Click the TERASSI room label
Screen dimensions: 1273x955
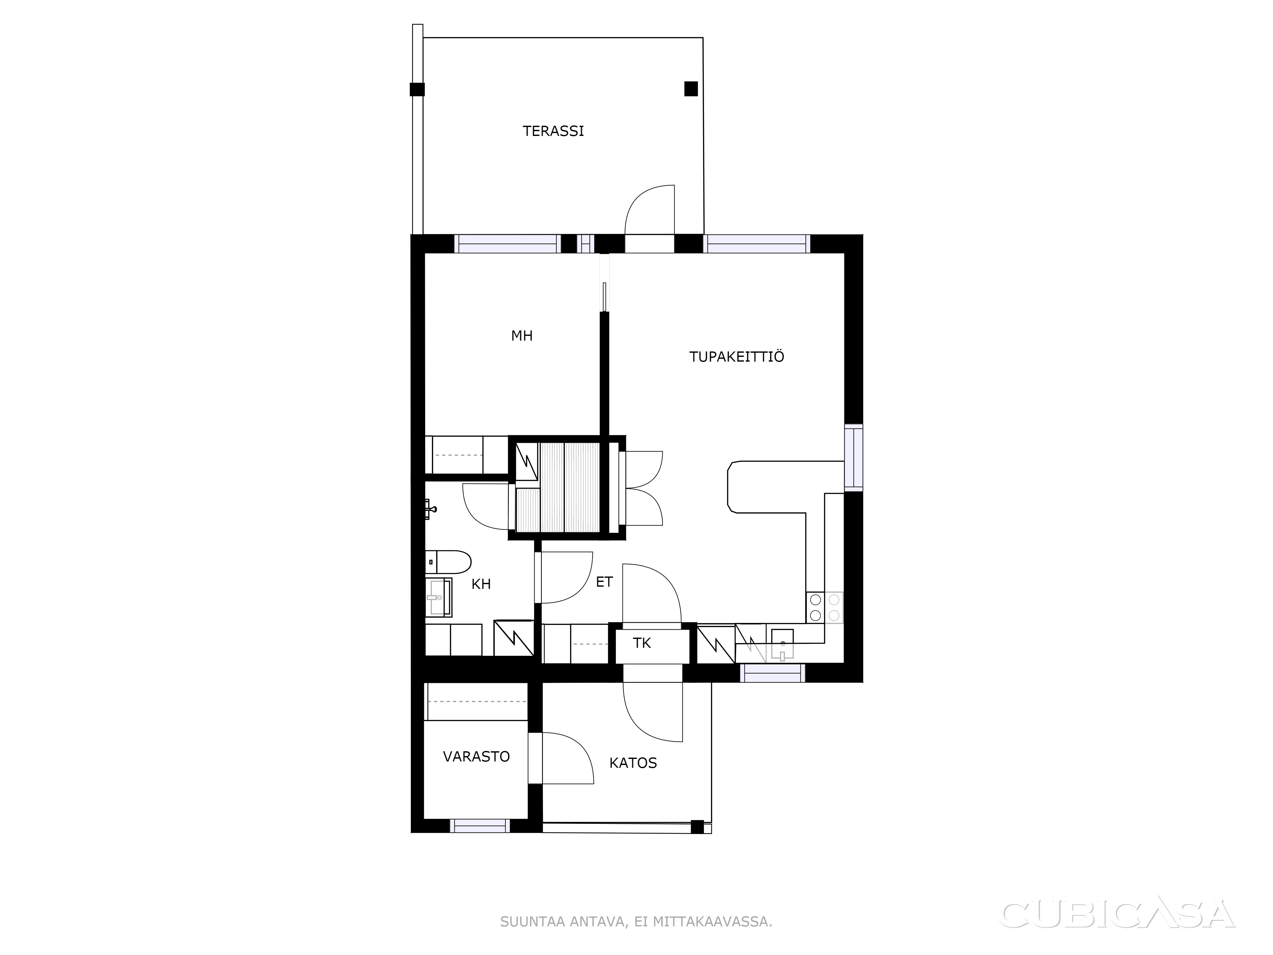tap(553, 131)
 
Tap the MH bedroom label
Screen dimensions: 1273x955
tap(522, 336)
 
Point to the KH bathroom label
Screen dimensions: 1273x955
tap(481, 584)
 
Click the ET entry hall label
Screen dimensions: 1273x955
tap(604, 582)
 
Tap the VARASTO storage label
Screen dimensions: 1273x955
tap(476, 756)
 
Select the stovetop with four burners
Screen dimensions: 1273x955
tap(825, 607)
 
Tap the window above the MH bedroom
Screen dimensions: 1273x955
tap(507, 244)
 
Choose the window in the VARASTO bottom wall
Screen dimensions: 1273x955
tap(479, 825)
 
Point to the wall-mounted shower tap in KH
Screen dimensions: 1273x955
tap(430, 509)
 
